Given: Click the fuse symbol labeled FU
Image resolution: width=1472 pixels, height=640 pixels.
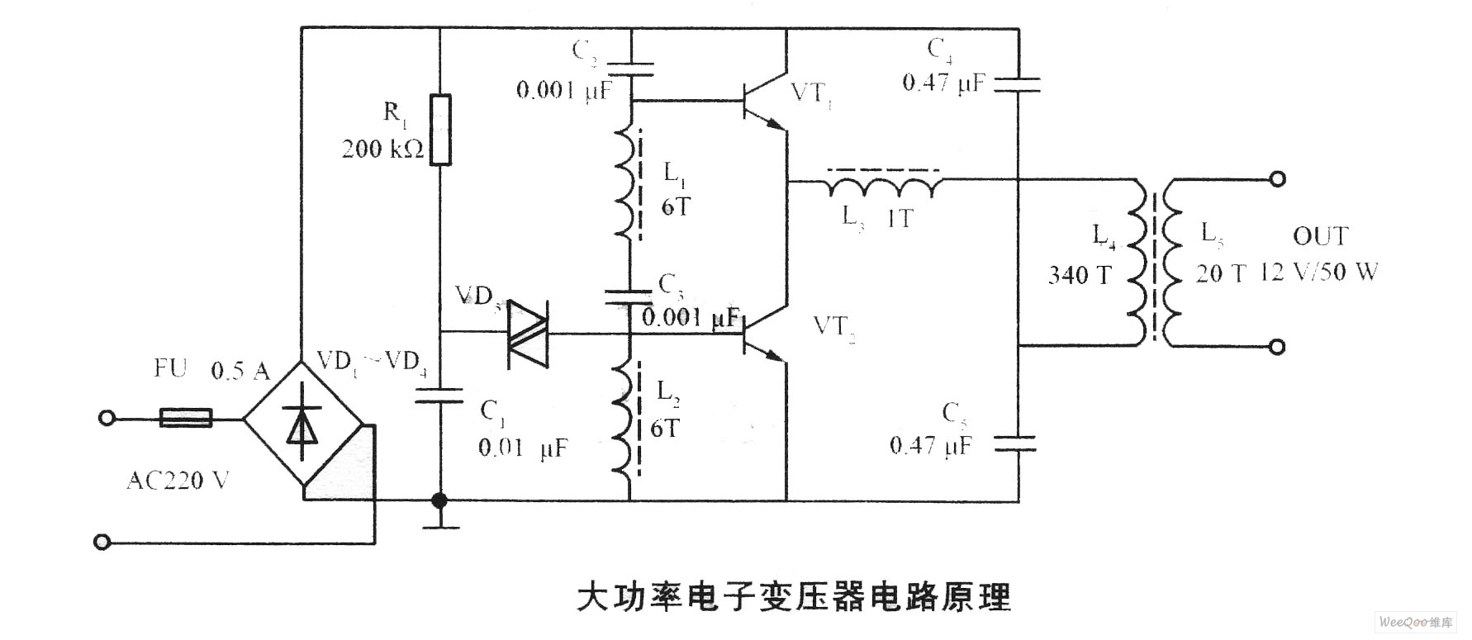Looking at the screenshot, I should pos(185,418).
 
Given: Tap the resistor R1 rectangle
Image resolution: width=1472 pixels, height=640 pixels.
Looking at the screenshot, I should pos(441,130).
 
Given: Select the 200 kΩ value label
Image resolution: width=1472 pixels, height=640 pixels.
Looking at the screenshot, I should pos(382,149).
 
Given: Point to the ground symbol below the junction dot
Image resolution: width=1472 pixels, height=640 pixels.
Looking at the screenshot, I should pos(439,520).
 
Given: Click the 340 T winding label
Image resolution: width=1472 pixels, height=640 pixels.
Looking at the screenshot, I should pos(1080,275).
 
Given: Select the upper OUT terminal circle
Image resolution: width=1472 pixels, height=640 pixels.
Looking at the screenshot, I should pos(1277,178).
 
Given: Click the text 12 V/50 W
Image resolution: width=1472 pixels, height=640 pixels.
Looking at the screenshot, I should pos(1319,272).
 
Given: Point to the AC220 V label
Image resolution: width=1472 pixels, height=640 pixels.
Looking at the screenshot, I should pos(178,479).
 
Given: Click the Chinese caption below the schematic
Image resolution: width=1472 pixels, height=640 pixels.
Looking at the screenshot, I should pos(793,596).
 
